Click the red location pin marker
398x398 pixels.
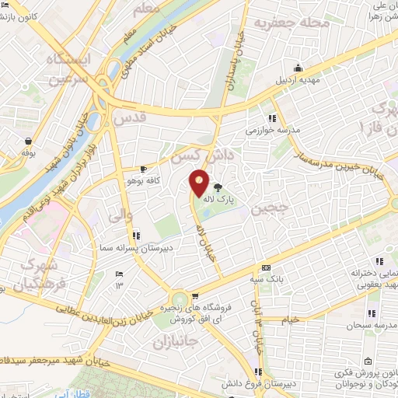click(x=200, y=183)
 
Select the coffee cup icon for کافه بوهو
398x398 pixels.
click(x=143, y=169)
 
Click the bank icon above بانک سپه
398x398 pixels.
click(x=265, y=267)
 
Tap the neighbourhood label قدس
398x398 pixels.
click(x=130, y=119)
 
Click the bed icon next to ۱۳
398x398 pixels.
click(x=118, y=274)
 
